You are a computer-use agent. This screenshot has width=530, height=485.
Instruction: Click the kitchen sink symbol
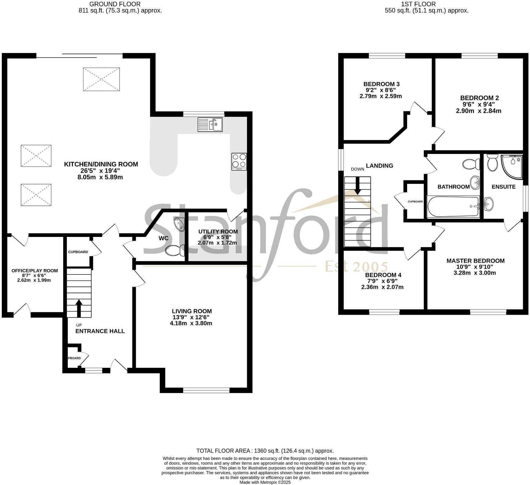tap(210, 124)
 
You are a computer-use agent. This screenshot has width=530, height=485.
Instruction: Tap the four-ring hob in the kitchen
tap(239, 161)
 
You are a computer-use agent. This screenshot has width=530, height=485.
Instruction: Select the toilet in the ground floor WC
tap(175, 250)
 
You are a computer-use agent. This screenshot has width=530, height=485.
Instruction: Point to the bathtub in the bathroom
tap(453, 207)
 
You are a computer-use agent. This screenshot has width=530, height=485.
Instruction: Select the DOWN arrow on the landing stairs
tap(358, 185)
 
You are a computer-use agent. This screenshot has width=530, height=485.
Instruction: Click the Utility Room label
tap(218, 231)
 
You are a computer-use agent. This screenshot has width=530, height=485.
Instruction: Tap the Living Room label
tap(192, 311)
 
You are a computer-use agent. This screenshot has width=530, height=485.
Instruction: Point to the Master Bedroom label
tap(475, 261)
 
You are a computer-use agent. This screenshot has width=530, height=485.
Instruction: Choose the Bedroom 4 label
tap(383, 275)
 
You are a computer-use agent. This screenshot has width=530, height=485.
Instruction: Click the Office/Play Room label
tap(34, 270)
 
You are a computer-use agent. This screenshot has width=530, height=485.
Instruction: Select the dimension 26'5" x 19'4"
tap(101, 171)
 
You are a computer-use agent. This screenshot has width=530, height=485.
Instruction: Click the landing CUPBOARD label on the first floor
tap(415, 202)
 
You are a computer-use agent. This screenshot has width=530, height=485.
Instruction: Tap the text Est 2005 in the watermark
tap(356, 267)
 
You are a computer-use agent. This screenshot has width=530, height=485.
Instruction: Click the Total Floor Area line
tap(265, 451)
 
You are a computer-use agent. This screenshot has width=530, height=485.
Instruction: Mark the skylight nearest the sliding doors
tap(101, 79)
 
